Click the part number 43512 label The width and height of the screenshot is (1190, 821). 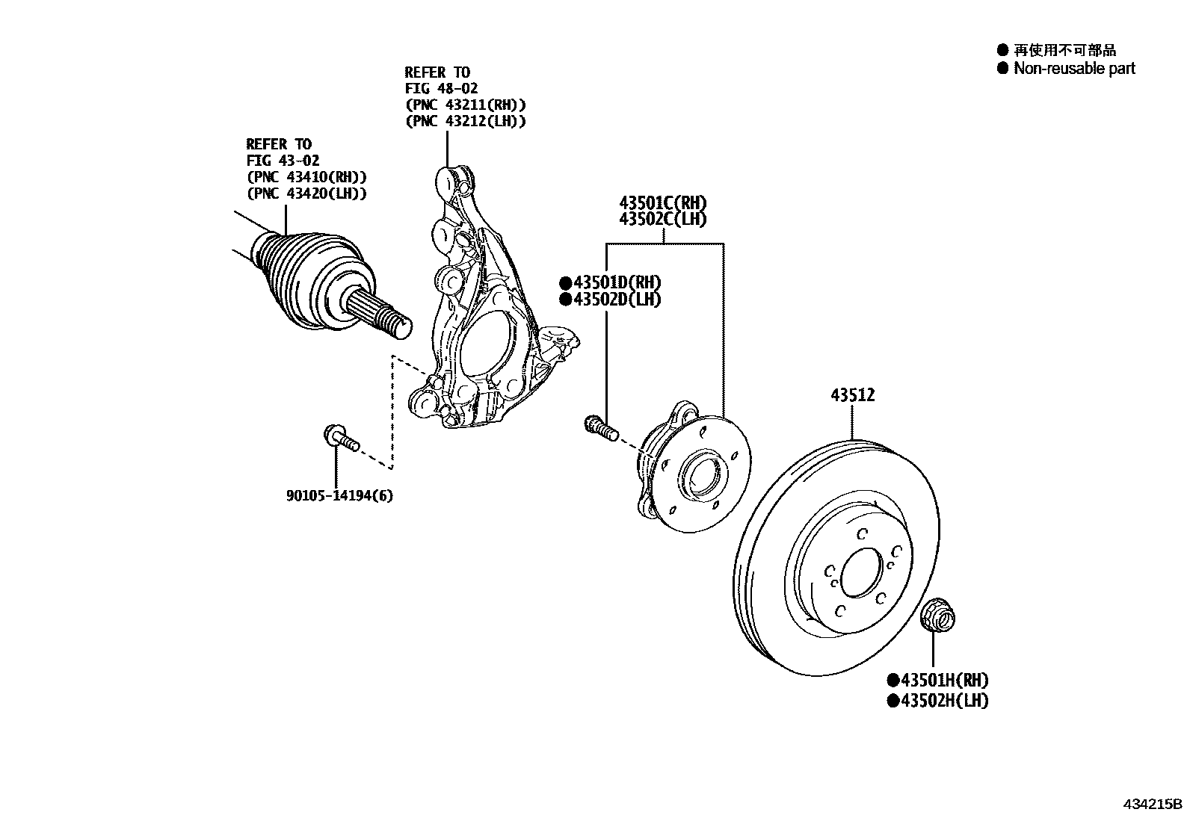(852, 395)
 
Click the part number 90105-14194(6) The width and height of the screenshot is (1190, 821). (339, 495)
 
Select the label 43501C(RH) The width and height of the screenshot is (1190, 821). (662, 202)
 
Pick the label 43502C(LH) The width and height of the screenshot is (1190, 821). (662, 219)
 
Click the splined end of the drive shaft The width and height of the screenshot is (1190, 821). (381, 314)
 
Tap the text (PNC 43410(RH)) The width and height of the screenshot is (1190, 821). (306, 177)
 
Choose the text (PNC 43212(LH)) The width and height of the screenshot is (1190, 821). (465, 121)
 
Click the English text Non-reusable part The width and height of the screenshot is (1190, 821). (1073, 69)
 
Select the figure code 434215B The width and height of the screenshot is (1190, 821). (1152, 805)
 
